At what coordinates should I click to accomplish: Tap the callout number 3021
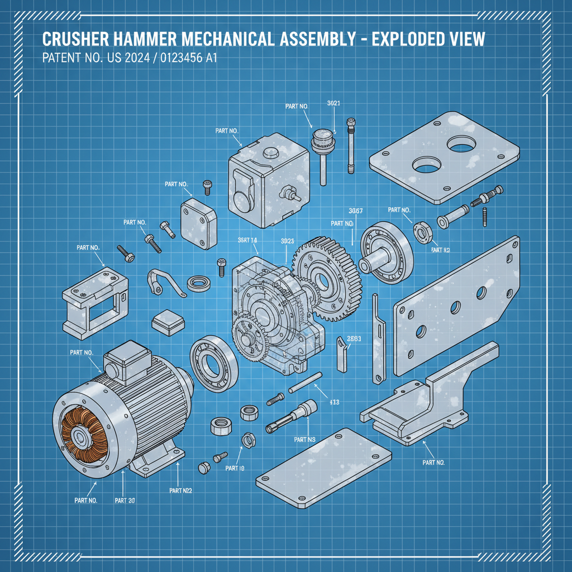[x=333, y=103]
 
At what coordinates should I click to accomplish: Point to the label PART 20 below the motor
[x=124, y=500]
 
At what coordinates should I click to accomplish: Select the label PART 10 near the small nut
[x=235, y=468]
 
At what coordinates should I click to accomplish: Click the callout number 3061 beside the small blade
[x=354, y=339]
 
